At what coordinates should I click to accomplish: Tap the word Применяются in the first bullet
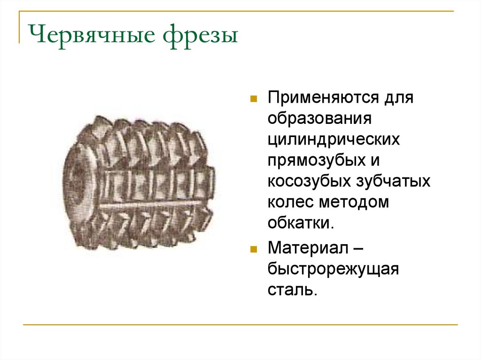tap(324, 99)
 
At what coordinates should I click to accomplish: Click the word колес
tap(290, 202)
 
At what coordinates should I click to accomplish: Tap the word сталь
tap(290, 290)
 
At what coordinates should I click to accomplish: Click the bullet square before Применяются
tap(253, 100)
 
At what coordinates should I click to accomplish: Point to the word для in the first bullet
tap(398, 99)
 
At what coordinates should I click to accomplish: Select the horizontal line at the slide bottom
tap(240, 324)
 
